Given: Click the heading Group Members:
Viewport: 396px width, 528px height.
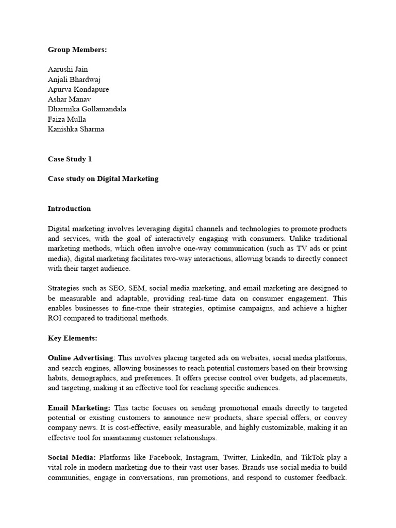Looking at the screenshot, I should [77, 49].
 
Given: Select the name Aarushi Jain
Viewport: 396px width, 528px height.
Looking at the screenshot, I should [68, 69].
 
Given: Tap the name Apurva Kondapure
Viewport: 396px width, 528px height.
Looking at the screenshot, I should [78, 89].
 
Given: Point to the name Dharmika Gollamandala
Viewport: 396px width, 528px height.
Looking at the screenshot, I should [87, 109].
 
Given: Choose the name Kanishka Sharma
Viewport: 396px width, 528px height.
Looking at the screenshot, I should [76, 129].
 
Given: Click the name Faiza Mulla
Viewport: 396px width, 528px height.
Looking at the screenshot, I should [68, 119].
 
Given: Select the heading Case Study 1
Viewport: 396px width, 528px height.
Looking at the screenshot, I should [70, 159].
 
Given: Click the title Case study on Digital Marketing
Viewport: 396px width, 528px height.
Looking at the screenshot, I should [103, 179].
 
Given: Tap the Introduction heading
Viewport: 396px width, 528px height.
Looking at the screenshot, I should [69, 209].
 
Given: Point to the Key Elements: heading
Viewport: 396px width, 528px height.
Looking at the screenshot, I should [73, 338].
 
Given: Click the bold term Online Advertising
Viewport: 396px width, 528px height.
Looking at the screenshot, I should [80, 358].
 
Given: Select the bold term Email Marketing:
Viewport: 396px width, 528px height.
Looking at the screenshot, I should [79, 407].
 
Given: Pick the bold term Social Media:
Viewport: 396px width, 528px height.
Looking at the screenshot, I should [72, 457].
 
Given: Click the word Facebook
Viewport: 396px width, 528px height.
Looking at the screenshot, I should [164, 457].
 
